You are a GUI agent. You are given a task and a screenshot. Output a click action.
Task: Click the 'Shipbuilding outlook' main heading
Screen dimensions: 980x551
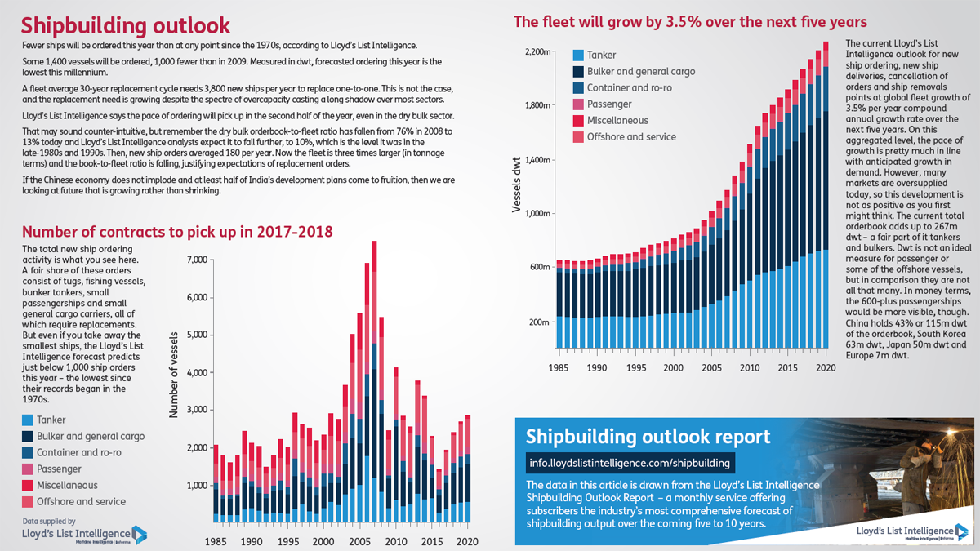tap(126, 25)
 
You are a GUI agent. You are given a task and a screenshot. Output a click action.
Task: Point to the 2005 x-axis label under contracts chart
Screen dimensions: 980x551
tap(359, 541)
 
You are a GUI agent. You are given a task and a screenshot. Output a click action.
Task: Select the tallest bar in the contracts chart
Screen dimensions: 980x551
tap(374, 381)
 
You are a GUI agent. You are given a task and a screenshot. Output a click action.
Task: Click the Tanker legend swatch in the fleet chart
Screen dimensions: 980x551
tap(578, 56)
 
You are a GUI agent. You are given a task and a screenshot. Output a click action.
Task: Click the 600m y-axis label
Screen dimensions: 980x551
tap(540, 267)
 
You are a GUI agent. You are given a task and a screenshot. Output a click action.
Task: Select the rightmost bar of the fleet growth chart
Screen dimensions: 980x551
tap(826, 194)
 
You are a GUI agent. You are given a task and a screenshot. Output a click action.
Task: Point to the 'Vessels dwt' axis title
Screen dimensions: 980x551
tap(517, 184)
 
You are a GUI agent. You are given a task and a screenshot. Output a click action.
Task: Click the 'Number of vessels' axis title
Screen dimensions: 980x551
tap(174, 375)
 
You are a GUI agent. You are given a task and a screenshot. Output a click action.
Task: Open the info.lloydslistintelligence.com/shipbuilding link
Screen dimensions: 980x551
tap(630, 463)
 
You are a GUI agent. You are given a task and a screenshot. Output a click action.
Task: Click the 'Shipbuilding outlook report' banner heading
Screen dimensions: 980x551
tap(648, 436)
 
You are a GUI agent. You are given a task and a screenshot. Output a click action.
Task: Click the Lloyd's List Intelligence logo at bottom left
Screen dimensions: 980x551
tap(84, 534)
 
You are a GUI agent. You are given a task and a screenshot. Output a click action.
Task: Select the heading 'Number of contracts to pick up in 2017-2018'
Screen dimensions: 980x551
tap(177, 231)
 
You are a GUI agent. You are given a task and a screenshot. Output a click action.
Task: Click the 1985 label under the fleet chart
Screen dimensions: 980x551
tap(559, 368)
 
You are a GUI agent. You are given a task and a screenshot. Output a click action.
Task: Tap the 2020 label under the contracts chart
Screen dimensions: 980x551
tap(467, 541)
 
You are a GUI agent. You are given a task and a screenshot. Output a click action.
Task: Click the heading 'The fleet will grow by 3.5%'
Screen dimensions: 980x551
tap(690, 22)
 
